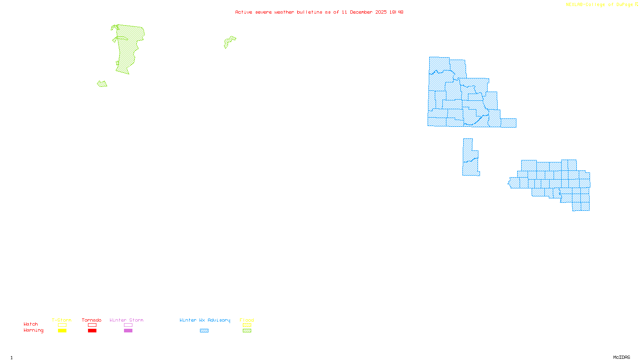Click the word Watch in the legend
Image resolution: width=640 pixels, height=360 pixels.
(31, 324)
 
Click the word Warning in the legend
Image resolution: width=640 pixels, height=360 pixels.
(33, 330)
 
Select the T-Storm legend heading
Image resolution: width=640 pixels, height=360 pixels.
(62, 320)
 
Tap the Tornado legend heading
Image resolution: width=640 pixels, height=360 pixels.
(92, 320)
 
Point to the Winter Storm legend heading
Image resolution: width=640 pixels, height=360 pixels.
(126, 320)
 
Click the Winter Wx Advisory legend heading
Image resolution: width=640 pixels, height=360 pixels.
(205, 320)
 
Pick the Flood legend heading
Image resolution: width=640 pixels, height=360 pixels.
(247, 320)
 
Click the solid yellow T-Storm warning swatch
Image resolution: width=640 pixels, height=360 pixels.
(62, 331)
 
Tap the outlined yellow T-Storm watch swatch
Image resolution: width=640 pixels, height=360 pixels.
(62, 325)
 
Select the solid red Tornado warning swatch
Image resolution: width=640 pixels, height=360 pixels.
(92, 331)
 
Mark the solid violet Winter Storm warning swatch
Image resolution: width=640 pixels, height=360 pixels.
(128, 331)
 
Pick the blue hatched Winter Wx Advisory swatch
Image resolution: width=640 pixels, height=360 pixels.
(204, 331)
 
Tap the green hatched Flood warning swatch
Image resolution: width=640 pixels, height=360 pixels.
(247, 331)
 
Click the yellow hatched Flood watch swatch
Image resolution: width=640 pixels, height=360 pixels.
(247, 325)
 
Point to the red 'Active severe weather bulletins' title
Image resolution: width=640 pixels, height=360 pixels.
(319, 12)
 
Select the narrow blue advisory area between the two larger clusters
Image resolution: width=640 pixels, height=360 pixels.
(470, 158)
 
